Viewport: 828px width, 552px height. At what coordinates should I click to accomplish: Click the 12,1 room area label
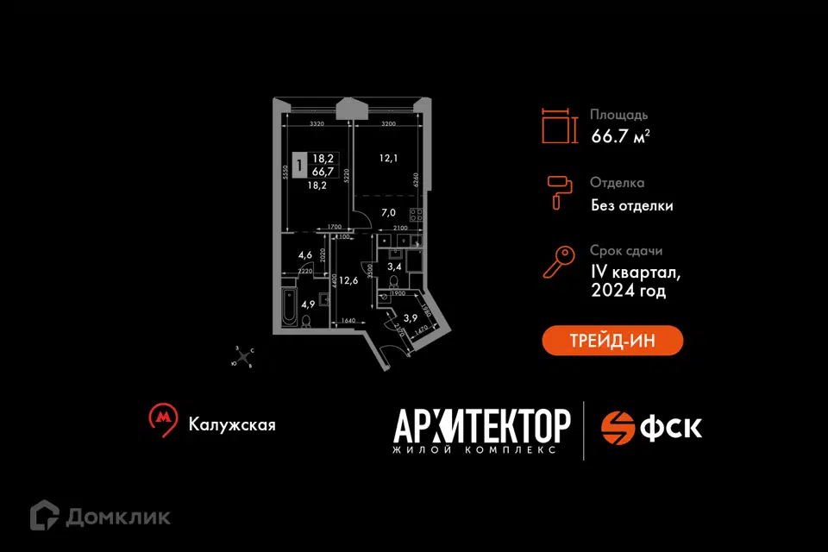click(387, 159)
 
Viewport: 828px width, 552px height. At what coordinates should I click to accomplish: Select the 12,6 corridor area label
click(348, 279)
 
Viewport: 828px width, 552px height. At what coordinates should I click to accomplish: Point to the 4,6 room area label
click(304, 255)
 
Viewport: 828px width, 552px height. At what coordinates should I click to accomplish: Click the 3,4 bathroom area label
click(393, 267)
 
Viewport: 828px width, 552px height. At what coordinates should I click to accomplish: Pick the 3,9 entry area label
click(411, 317)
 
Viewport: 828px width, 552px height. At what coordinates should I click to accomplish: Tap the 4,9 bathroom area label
click(306, 303)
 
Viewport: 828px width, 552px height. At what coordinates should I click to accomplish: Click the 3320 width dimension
click(316, 124)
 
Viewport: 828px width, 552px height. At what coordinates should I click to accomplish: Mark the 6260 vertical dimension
click(416, 179)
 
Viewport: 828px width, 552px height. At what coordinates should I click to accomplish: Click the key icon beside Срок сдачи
click(558, 260)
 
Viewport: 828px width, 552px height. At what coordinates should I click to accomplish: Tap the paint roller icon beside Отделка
click(559, 191)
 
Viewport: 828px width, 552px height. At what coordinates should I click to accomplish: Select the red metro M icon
click(160, 417)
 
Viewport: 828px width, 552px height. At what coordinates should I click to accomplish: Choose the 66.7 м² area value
click(620, 135)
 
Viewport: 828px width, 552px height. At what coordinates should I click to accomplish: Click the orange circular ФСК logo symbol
click(618, 426)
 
